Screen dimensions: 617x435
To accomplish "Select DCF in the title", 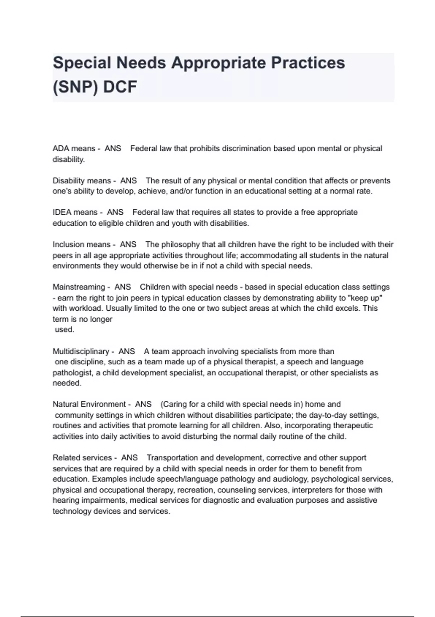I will (x=120, y=87).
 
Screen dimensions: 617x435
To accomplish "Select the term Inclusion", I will (x=68, y=245).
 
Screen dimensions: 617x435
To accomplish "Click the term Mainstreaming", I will (x=79, y=287).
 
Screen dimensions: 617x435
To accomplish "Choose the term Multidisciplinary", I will (x=81, y=351).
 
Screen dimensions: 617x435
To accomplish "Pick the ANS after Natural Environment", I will (x=143, y=404).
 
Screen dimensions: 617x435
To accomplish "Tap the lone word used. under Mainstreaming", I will (x=64, y=330).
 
